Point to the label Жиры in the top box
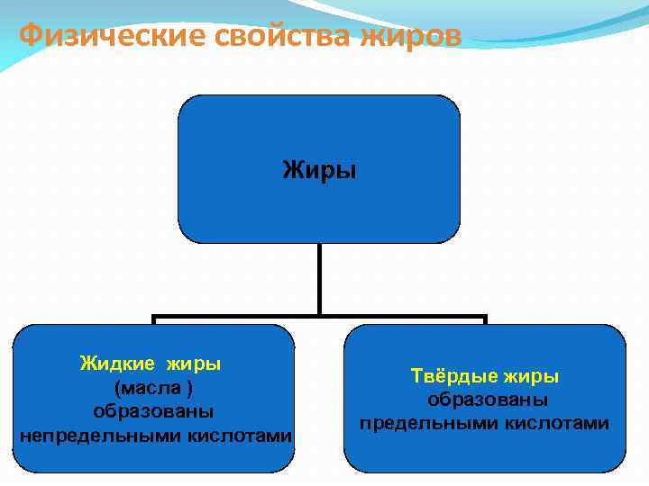[x=319, y=169]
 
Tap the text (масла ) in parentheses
[x=153, y=387]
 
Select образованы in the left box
[x=153, y=411]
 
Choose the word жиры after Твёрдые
[x=531, y=375]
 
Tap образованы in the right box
[x=488, y=400]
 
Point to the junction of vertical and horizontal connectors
[x=319, y=317]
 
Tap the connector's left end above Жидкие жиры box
[x=154, y=319]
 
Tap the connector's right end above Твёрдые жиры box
[x=484, y=319]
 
